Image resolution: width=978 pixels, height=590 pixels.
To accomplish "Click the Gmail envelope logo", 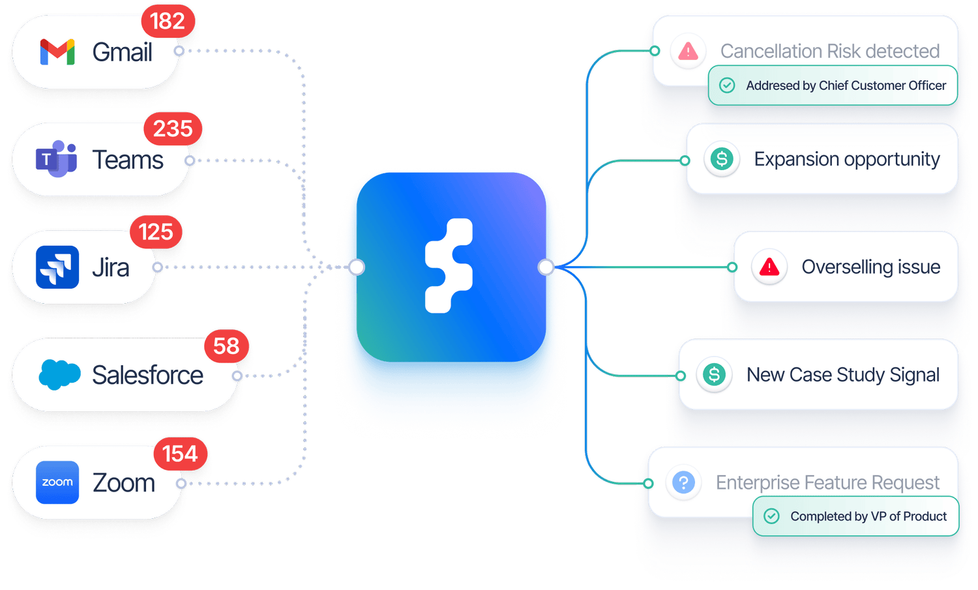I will pyautogui.click(x=57, y=52).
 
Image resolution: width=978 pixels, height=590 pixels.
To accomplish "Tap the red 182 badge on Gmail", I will pyautogui.click(x=168, y=21).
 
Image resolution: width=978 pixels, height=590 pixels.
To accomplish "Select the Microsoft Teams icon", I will pyautogui.click(x=56, y=159).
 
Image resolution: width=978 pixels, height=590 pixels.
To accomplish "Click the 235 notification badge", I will pyautogui.click(x=173, y=128).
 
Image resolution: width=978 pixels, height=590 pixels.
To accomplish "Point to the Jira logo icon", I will pyautogui.click(x=57, y=267).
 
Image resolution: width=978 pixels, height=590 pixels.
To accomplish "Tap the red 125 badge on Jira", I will pyautogui.click(x=156, y=232).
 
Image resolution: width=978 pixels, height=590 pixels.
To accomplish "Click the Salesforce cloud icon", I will pyautogui.click(x=59, y=374).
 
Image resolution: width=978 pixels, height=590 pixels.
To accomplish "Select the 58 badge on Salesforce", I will pyautogui.click(x=226, y=346).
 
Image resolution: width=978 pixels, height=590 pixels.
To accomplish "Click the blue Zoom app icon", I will pyautogui.click(x=57, y=482).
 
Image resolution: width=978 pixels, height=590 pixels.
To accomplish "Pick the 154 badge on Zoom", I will pyautogui.click(x=180, y=454).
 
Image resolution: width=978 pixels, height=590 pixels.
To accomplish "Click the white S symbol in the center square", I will pyautogui.click(x=449, y=266).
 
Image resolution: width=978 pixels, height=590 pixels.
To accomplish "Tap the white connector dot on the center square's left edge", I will pyautogui.click(x=357, y=267).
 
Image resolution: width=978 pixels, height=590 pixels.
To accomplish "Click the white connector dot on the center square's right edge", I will pyautogui.click(x=546, y=267).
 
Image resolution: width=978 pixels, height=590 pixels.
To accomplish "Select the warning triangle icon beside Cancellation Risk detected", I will pyautogui.click(x=688, y=51).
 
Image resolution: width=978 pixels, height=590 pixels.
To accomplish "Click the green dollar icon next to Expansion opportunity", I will pyautogui.click(x=722, y=159).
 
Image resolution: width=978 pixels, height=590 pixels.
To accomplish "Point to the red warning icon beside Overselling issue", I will pyautogui.click(x=769, y=267).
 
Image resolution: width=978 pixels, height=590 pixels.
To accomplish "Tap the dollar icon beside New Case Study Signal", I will pyautogui.click(x=714, y=374).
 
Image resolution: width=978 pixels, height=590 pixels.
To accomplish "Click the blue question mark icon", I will pyautogui.click(x=683, y=482).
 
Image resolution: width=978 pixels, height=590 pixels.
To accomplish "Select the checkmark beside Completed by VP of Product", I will pyautogui.click(x=771, y=516).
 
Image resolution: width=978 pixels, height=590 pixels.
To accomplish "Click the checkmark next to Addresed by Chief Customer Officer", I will pyautogui.click(x=727, y=85).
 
